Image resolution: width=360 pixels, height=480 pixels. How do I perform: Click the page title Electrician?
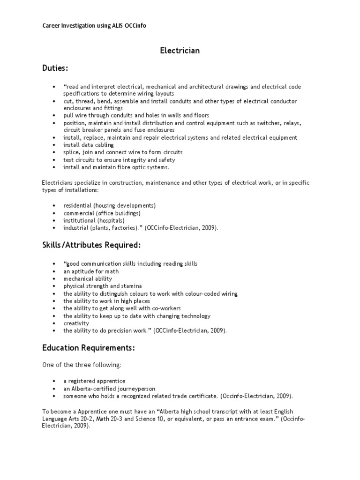180,50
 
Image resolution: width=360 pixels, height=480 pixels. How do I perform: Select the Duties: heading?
55,68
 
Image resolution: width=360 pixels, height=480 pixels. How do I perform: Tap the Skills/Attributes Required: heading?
91,245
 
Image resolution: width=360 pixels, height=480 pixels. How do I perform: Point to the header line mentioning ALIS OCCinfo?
94,26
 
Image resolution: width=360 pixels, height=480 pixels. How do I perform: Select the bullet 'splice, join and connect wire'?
123,152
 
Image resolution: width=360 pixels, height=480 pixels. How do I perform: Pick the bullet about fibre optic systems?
116,167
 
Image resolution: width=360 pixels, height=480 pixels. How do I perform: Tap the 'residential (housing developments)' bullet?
109,205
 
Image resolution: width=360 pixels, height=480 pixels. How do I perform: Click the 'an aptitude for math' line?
91,271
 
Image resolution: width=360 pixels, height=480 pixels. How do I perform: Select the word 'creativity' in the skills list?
76,323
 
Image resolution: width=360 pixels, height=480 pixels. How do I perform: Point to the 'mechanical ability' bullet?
88,279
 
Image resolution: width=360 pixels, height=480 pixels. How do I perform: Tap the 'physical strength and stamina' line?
103,286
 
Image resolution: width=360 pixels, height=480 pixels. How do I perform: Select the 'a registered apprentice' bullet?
94,381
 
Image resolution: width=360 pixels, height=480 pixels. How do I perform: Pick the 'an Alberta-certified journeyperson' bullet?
109,389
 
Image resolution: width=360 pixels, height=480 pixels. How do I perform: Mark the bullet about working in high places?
107,301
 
